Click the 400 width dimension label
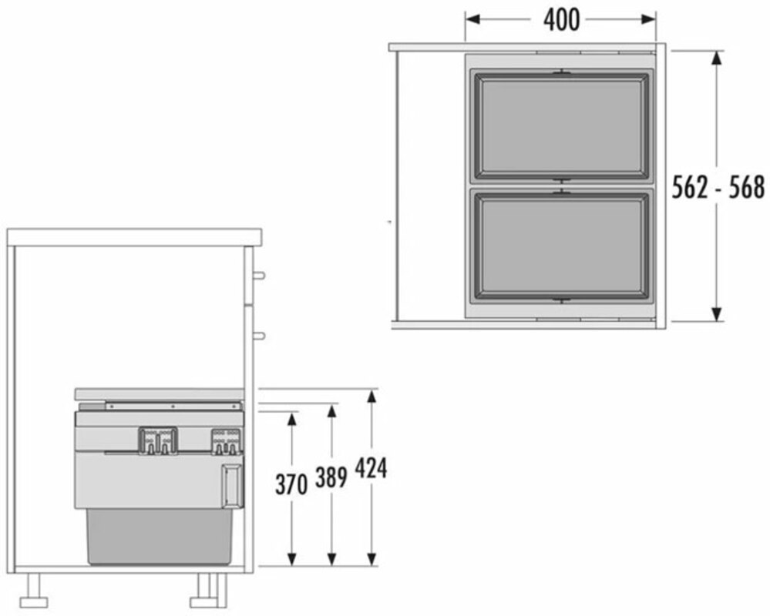pos(561,20)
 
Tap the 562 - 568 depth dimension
pos(718,187)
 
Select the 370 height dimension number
pos(291,484)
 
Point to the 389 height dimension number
pos(331,477)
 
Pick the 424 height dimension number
pos(371,468)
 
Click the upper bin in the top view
pos(561,126)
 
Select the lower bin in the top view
pos(561,245)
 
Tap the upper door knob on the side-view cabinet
pos(259,275)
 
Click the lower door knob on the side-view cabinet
pos(259,336)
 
